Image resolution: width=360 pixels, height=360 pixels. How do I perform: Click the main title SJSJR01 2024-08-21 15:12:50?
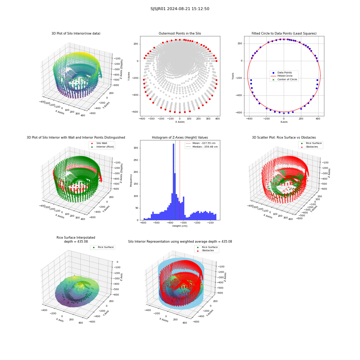click(180, 9)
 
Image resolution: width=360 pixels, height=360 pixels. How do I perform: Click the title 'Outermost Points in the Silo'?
click(180, 33)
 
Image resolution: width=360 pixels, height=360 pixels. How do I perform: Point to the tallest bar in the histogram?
click(174, 182)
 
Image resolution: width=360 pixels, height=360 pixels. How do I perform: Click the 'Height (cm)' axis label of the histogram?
click(180, 226)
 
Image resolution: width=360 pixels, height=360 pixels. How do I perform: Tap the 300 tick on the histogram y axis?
click(136, 148)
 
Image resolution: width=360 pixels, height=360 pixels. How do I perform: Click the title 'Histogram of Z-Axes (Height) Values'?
click(180, 138)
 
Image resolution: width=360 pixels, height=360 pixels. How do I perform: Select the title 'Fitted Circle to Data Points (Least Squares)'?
click(284, 33)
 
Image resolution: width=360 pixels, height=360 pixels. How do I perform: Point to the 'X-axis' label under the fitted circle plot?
click(284, 122)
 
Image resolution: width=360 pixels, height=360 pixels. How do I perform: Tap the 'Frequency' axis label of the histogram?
click(131, 180)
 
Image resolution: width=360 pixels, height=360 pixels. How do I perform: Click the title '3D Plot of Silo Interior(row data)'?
click(76, 33)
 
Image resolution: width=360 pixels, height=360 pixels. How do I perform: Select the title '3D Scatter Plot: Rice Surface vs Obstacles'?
click(284, 138)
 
